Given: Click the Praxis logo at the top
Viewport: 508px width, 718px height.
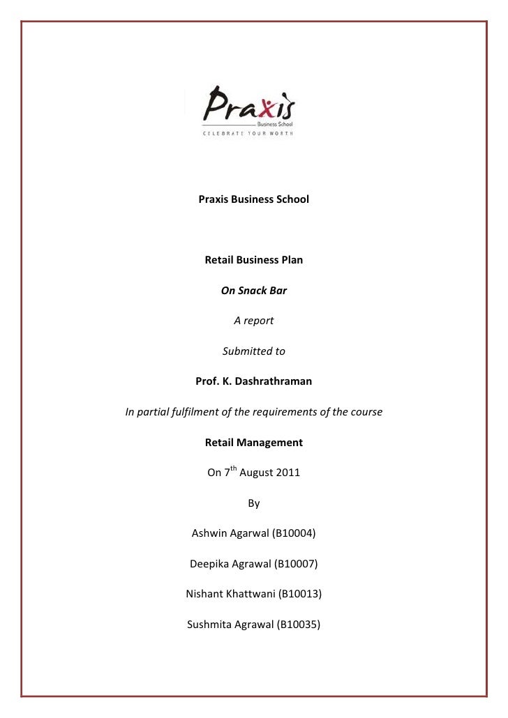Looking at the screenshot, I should (248, 108).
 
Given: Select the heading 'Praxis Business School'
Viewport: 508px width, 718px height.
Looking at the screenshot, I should (253, 200).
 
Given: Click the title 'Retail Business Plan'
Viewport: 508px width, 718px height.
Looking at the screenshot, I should (253, 261).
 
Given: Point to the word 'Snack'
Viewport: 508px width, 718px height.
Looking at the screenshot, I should (253, 291).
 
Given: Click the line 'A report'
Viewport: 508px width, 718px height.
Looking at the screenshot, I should (253, 321).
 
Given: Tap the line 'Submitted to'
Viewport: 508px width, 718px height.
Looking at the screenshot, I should (253, 351).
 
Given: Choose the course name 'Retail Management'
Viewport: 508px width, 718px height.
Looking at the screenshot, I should (253, 442).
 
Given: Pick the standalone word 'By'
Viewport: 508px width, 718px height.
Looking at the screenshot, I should (253, 503).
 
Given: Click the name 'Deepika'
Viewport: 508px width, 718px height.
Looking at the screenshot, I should (211, 564).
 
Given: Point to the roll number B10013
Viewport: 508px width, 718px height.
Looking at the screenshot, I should (299, 595).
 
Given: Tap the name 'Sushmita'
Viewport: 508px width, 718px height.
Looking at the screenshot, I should (210, 625).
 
